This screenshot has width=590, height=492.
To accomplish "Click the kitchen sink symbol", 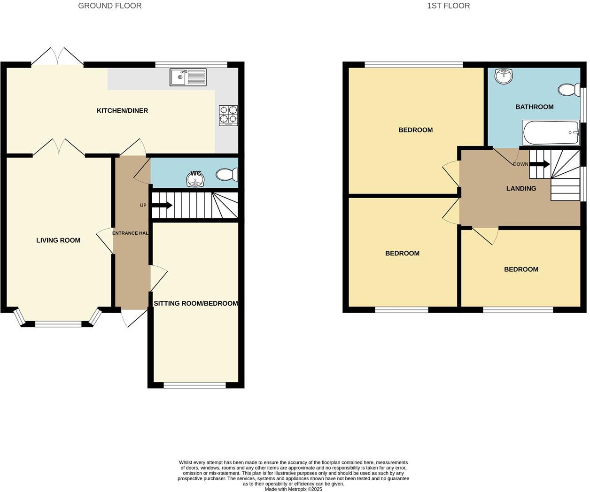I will click(x=188, y=77).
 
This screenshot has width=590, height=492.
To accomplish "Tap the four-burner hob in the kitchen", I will click(x=228, y=115).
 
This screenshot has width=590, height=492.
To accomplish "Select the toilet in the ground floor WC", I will click(x=227, y=175).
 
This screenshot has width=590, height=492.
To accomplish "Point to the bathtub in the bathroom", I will click(x=551, y=133).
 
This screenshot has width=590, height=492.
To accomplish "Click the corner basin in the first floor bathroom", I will click(x=503, y=76).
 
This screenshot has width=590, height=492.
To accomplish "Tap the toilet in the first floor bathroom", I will click(x=569, y=89).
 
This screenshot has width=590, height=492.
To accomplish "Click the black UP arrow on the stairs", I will click(x=162, y=205).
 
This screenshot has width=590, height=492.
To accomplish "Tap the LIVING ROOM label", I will click(x=58, y=240).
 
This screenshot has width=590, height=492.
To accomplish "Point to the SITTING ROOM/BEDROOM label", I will click(x=195, y=303).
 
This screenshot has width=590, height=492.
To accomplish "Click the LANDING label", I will click(x=521, y=189).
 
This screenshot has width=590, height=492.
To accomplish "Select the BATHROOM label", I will click(x=534, y=107).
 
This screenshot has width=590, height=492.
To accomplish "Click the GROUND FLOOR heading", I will click(x=109, y=6).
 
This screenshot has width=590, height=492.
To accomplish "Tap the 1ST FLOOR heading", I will click(x=448, y=6).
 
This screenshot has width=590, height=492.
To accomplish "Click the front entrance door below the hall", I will click(x=131, y=318).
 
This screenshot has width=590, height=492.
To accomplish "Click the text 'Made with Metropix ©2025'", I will click(x=293, y=489).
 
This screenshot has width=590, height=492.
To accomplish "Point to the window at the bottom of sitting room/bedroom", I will click(x=194, y=385).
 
